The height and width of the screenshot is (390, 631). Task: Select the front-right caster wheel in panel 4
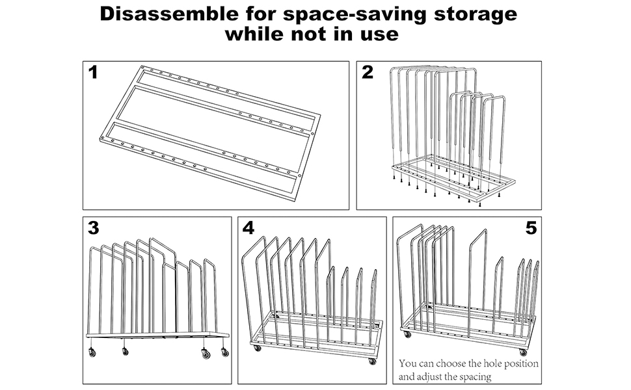pos(372,361)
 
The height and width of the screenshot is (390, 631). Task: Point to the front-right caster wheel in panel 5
pos(523,352)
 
